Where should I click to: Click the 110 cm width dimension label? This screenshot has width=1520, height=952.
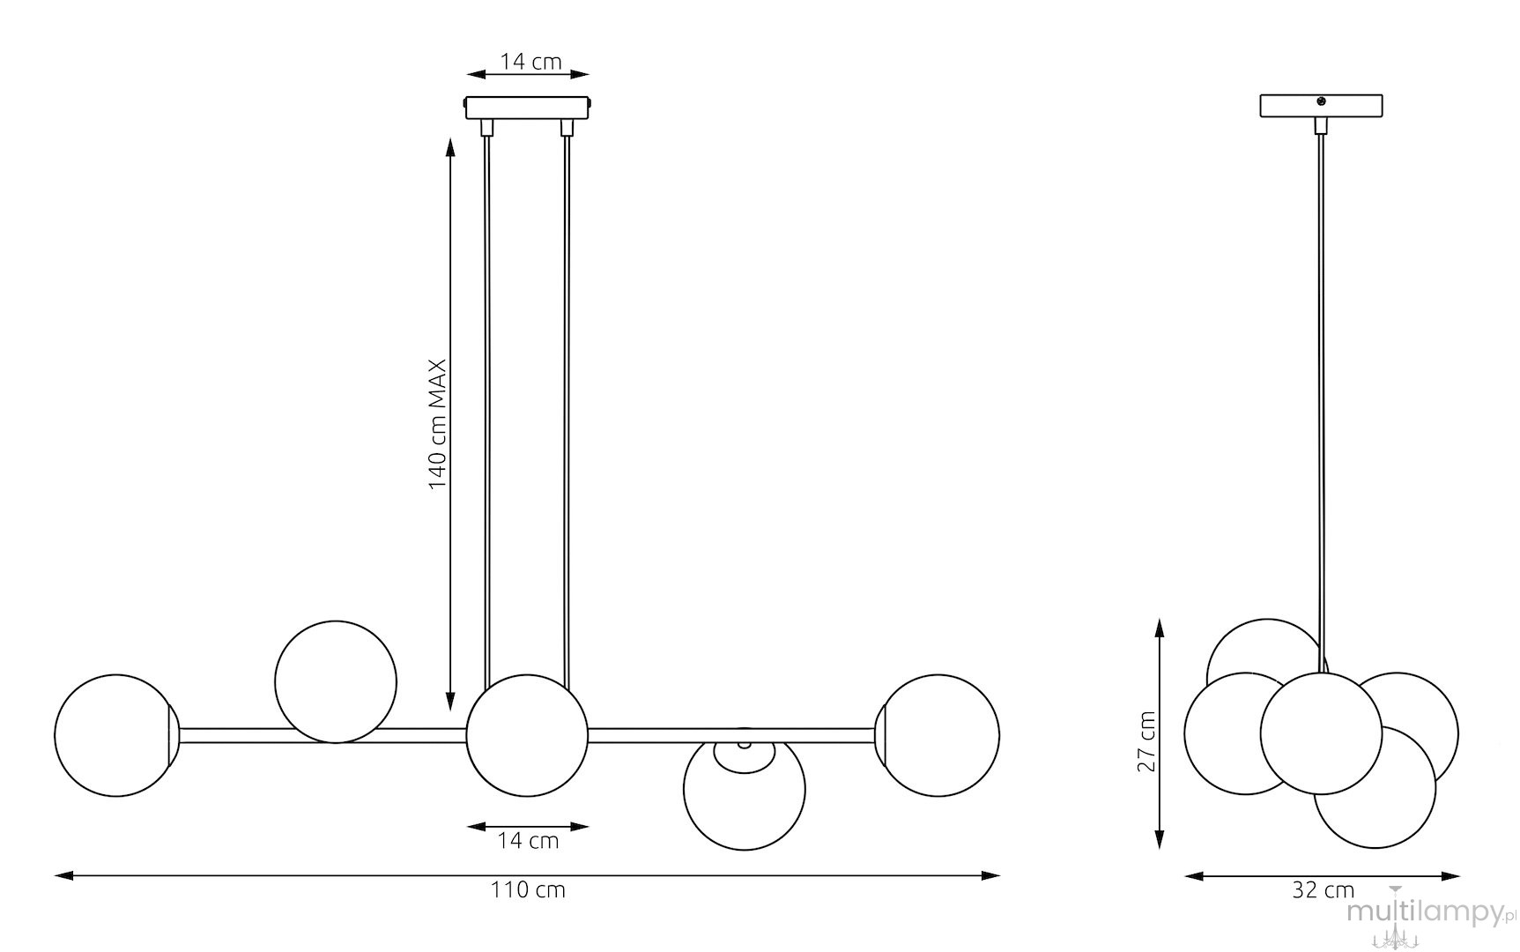(x=528, y=890)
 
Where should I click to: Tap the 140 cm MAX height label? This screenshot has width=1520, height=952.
(x=439, y=424)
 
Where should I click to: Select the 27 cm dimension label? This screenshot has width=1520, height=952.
(x=1146, y=740)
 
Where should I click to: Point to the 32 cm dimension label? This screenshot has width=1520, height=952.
(x=1323, y=890)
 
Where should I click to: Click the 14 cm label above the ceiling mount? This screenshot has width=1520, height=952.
(x=531, y=62)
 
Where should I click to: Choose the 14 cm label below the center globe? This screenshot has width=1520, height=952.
(x=528, y=841)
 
